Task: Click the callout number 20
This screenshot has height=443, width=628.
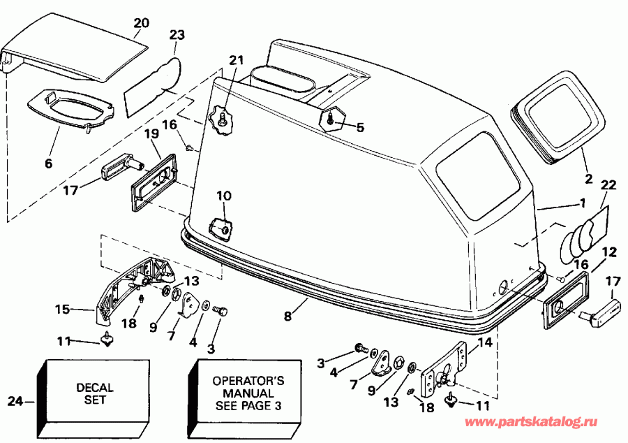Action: pos(142,22)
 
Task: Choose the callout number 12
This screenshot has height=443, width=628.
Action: pos(609,252)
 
